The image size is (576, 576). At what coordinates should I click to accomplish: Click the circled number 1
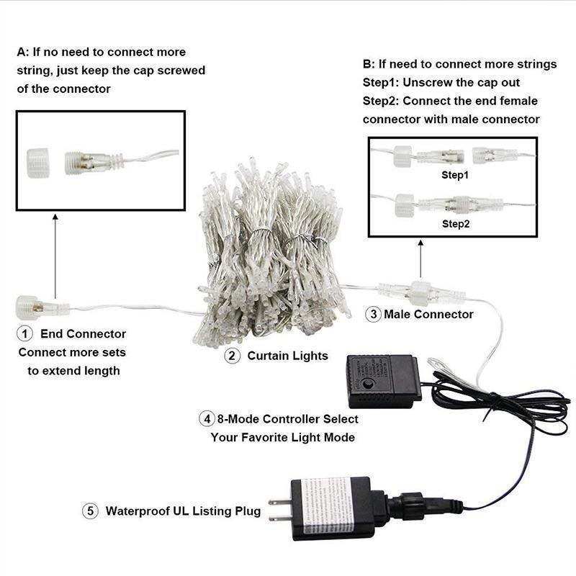tap(24, 333)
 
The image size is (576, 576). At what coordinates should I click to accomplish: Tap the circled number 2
tap(232, 356)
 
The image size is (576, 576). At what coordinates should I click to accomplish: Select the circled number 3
tap(373, 314)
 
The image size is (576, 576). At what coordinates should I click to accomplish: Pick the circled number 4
tap(207, 419)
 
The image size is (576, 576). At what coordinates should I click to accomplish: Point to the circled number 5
tap(91, 511)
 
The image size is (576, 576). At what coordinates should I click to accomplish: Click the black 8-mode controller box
tap(384, 382)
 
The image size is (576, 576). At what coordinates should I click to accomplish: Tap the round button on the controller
tap(366, 384)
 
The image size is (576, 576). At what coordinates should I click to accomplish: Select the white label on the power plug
tap(328, 506)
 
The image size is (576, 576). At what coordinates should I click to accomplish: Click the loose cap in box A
tap(38, 163)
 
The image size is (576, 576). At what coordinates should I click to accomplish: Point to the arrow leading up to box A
tap(55, 256)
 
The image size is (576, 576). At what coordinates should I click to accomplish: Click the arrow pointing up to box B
tap(420, 259)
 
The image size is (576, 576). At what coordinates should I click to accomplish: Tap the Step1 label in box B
tap(455, 175)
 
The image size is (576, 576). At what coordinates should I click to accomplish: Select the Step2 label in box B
tap(456, 224)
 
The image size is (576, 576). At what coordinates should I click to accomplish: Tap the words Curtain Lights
tap(287, 356)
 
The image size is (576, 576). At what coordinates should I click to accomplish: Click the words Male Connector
tap(428, 314)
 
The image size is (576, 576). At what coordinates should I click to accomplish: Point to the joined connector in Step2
tap(459, 204)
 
